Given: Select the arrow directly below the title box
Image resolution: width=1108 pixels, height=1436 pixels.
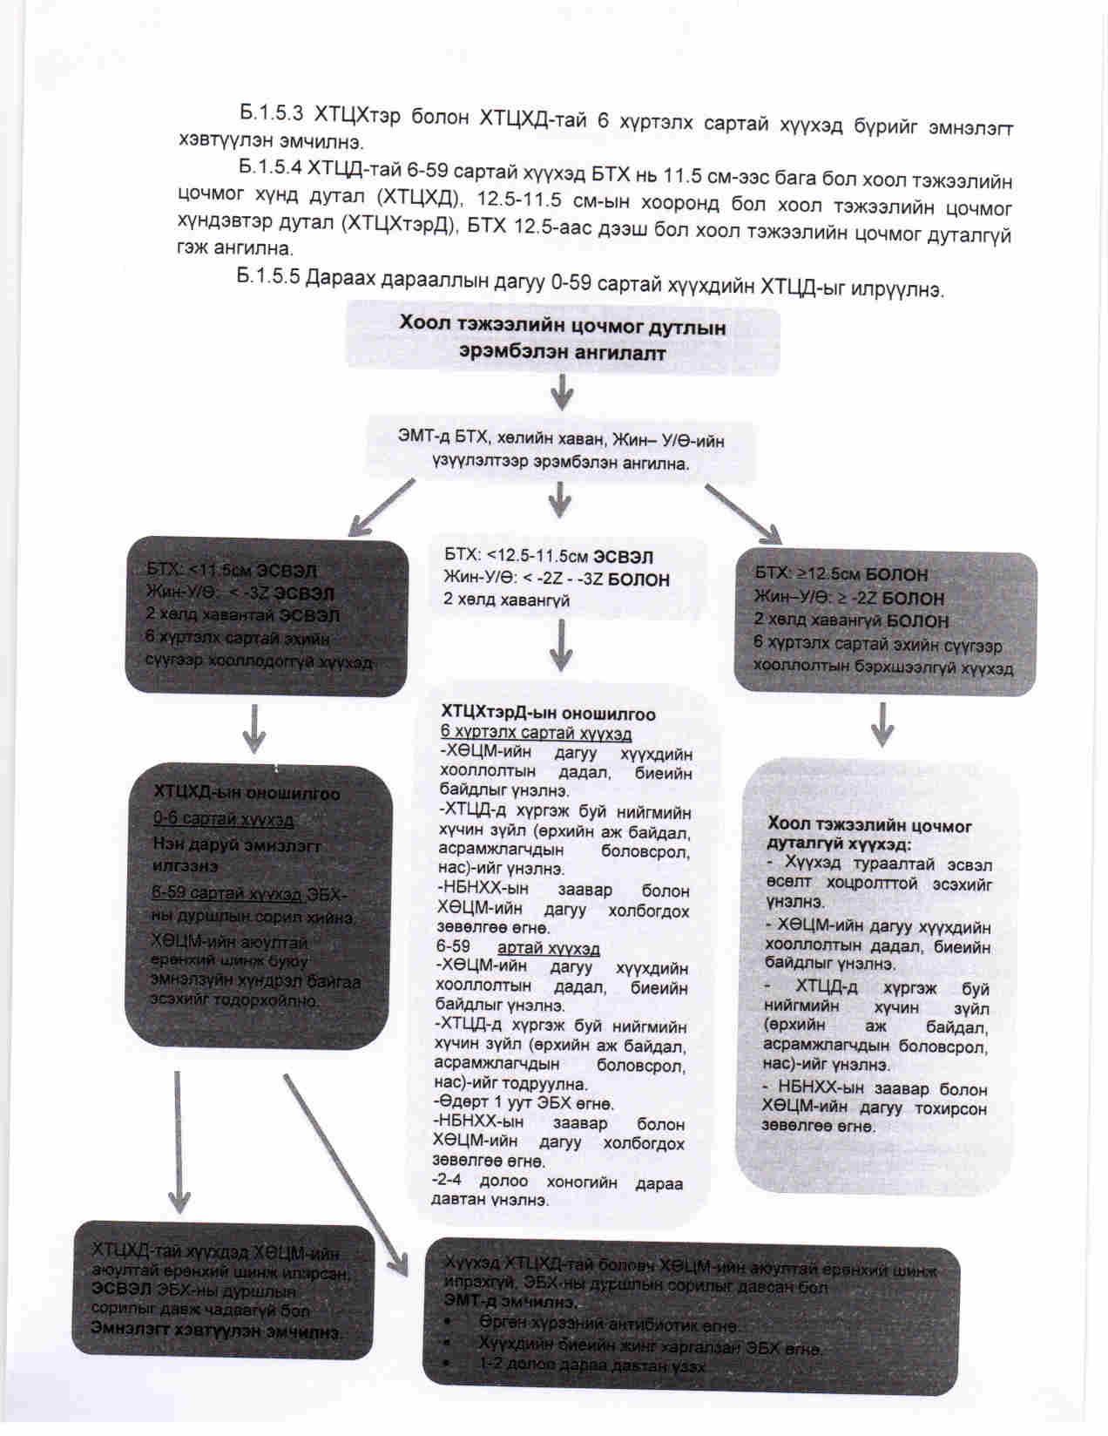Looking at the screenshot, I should point(562,394).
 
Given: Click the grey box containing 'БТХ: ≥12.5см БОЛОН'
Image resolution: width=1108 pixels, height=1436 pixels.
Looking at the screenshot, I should point(885,620).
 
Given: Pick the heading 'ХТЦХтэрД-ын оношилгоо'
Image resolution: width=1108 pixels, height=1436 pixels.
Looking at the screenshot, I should point(548,714).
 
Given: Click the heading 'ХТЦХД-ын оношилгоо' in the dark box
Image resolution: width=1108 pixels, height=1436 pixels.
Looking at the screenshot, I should point(247,794).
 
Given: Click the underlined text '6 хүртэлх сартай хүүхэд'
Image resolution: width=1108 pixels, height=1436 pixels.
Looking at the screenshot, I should point(536,733).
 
